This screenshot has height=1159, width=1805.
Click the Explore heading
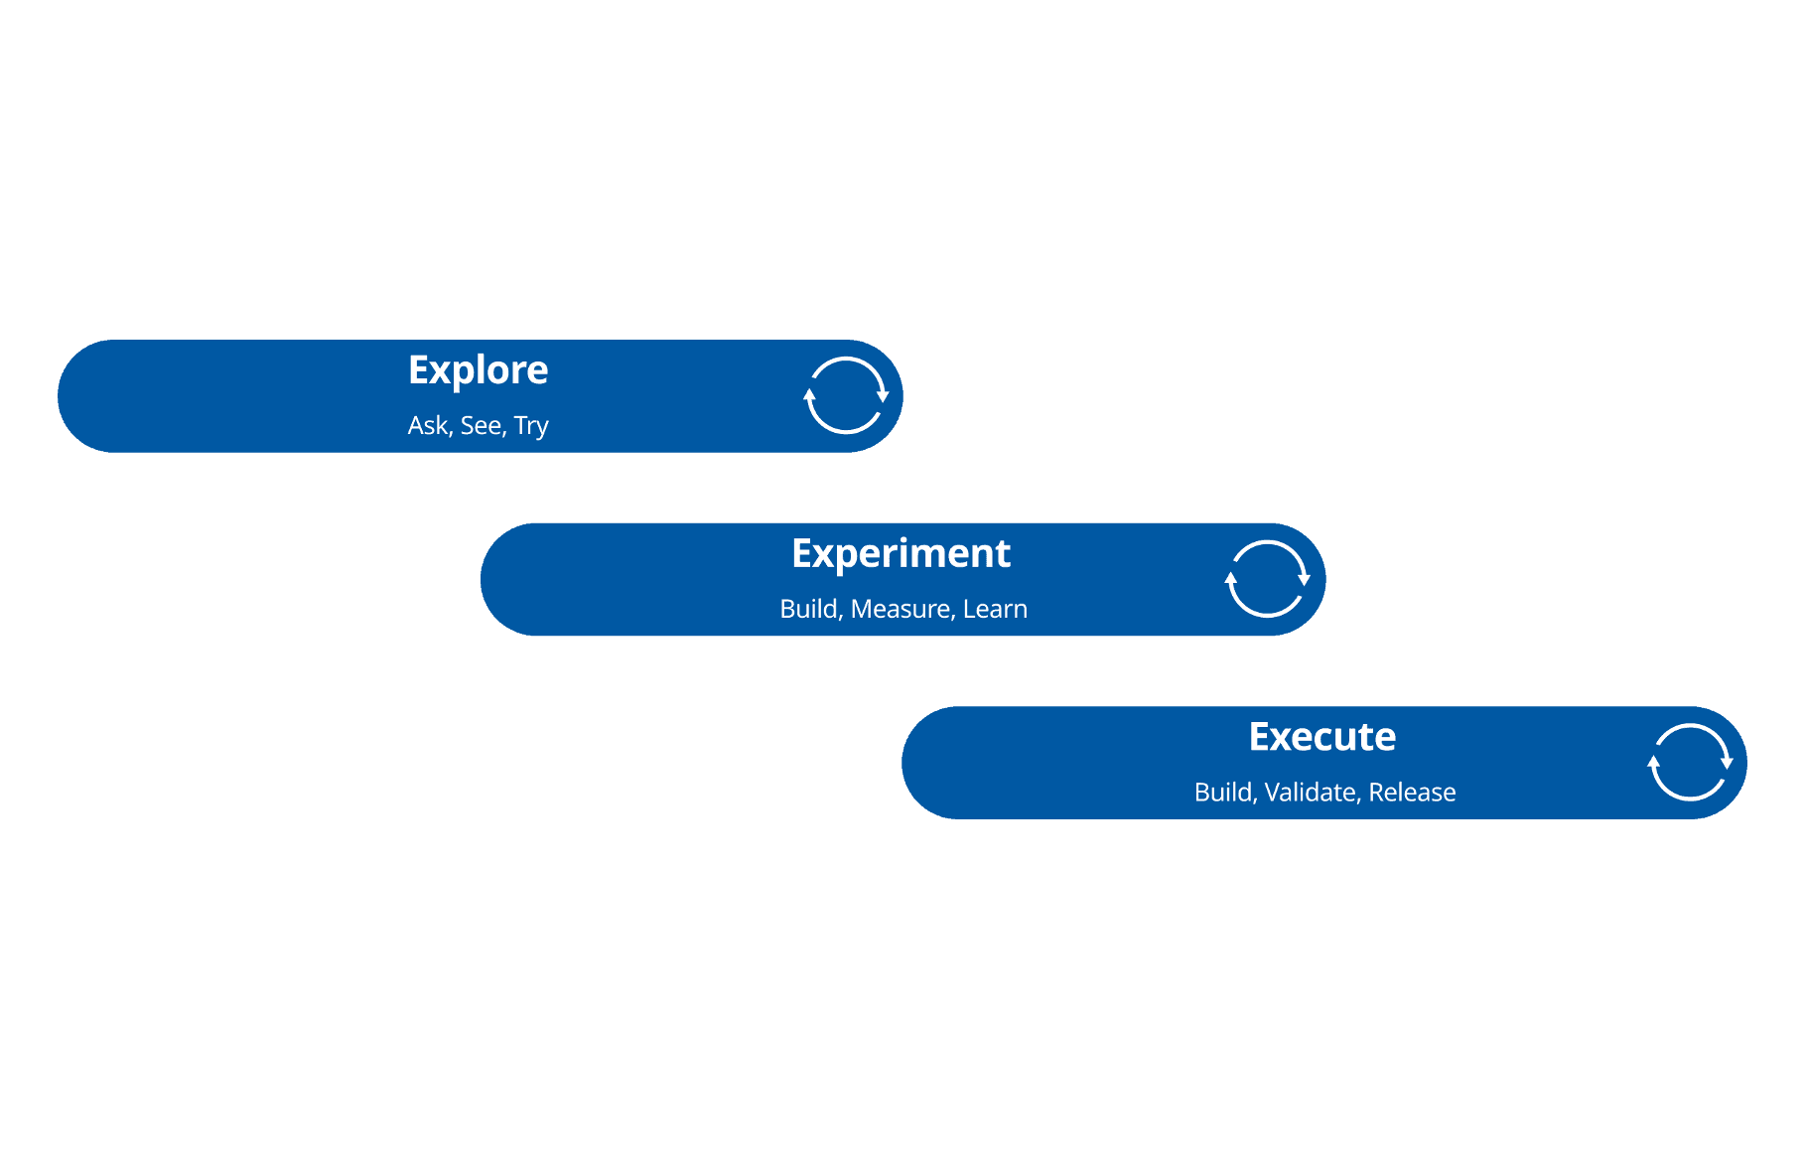[x=478, y=370]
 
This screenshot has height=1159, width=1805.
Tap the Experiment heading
[x=901, y=553]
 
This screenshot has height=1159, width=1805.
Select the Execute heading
[x=1321, y=737]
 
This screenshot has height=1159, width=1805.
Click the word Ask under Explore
[x=428, y=426]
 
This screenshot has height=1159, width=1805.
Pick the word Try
[x=531, y=427]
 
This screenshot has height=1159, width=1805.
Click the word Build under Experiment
[x=810, y=609]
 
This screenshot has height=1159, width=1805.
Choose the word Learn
[x=995, y=609]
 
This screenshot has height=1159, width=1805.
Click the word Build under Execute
[x=1225, y=793]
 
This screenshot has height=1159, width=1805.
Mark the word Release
[x=1412, y=793]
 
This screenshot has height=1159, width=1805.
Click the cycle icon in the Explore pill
[x=845, y=395]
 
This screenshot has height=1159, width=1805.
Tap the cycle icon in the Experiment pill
[x=1267, y=579]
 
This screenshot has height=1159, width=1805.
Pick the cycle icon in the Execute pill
[x=1689, y=762]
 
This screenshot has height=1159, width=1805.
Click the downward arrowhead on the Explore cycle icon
[x=883, y=396]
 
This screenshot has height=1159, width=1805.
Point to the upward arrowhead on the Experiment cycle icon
[x=1231, y=578]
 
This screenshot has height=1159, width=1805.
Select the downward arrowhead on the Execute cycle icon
[x=1727, y=763]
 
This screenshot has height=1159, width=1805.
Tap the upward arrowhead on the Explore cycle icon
[x=809, y=394]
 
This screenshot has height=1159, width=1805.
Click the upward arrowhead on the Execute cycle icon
[x=1653, y=762]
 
